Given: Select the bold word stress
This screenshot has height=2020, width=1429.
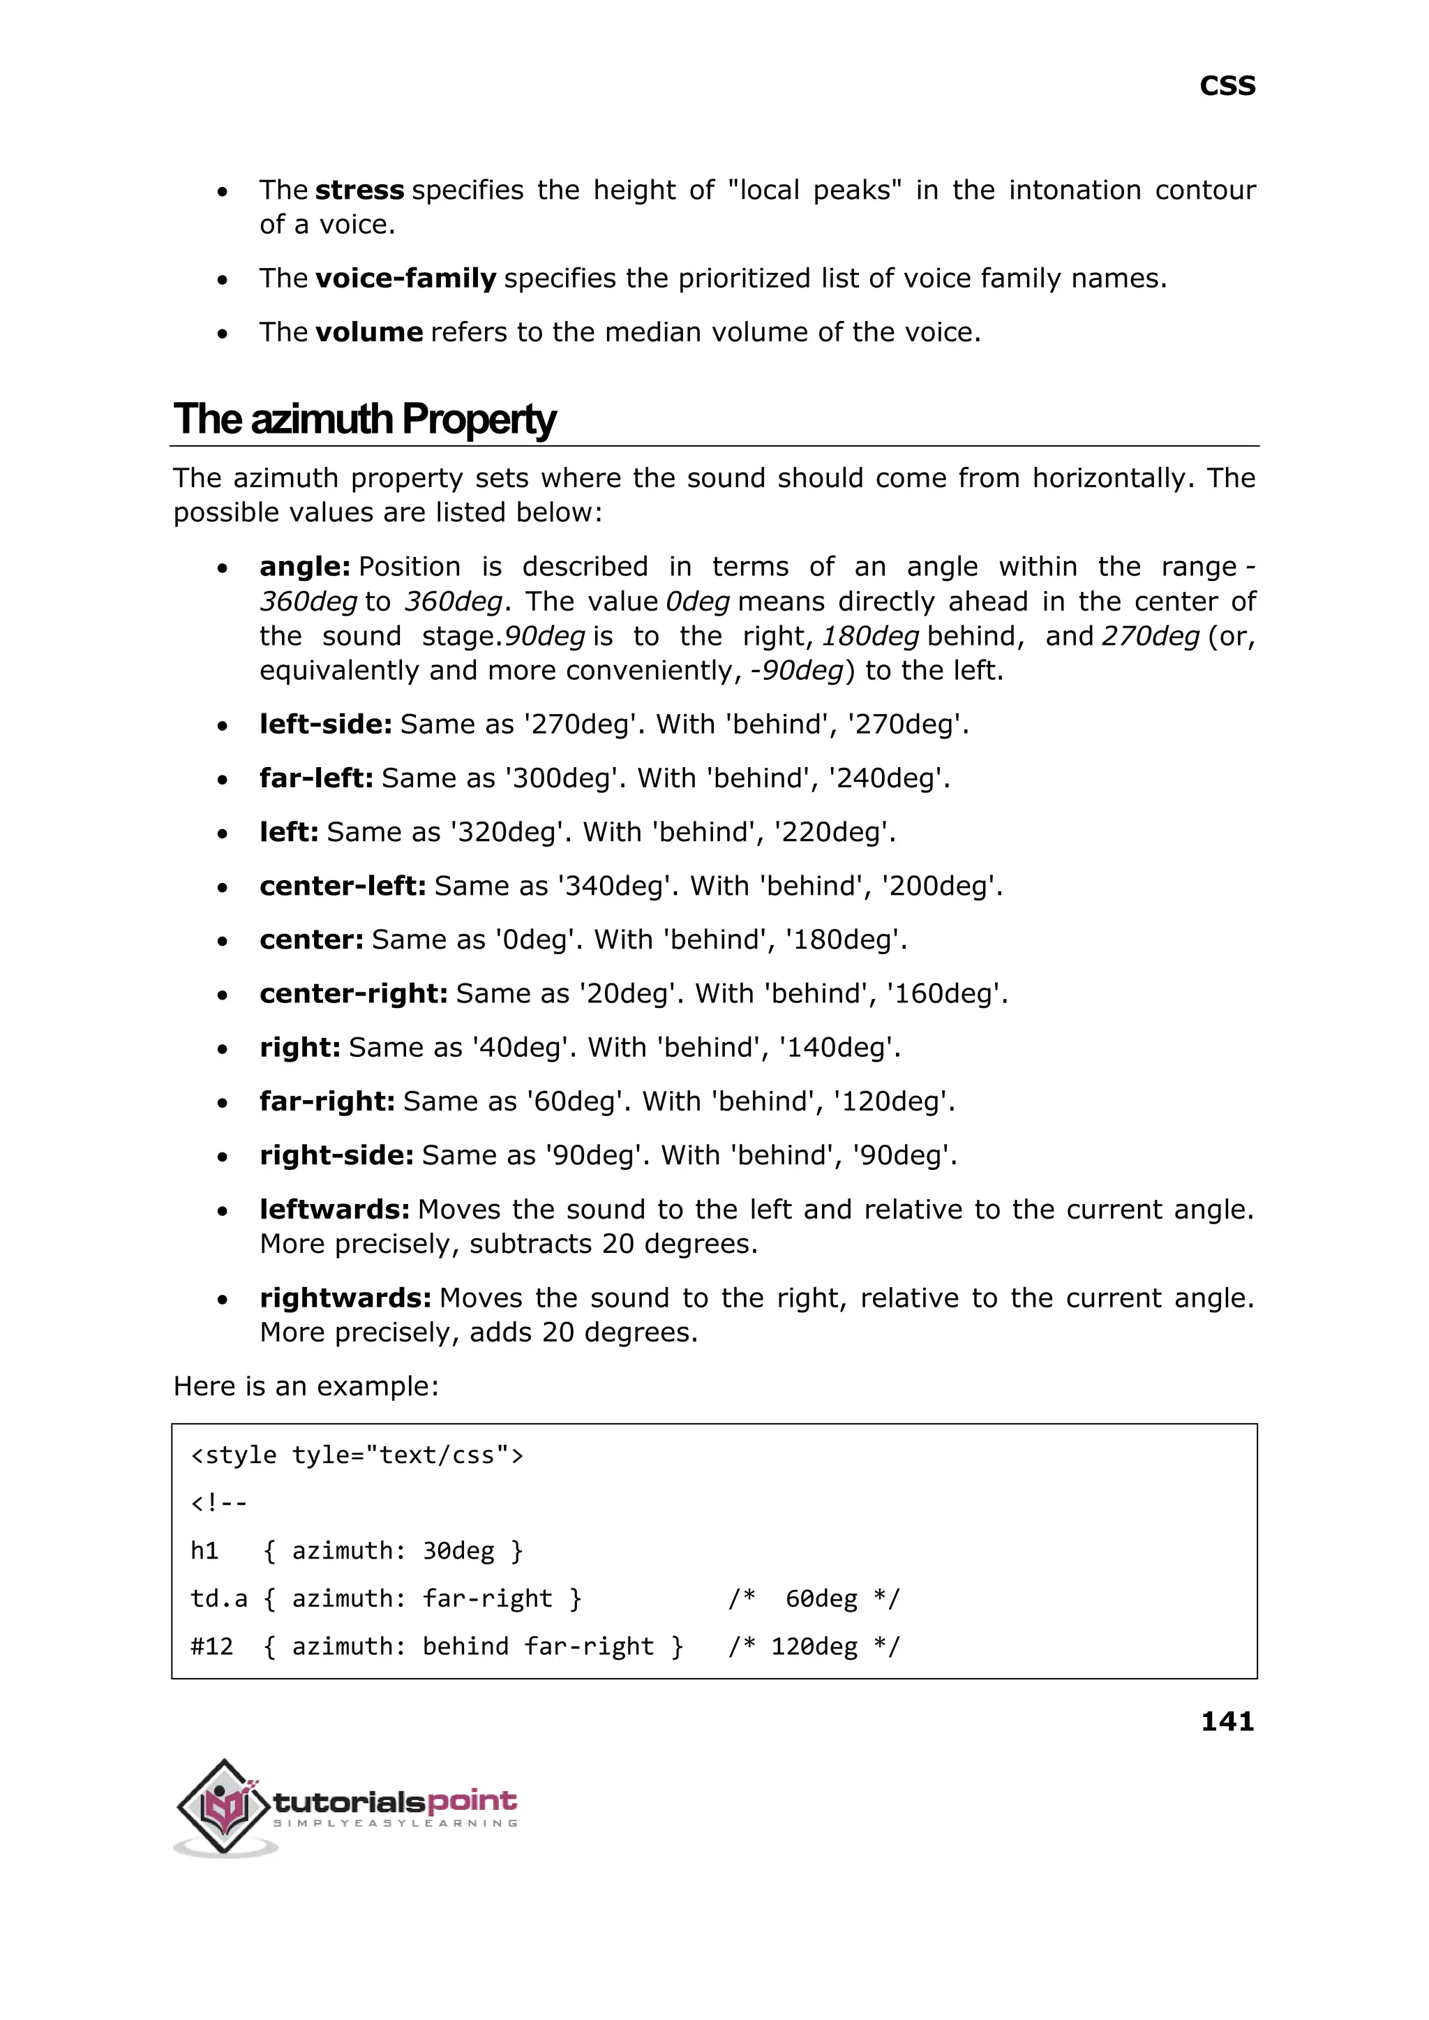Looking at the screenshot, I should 359,190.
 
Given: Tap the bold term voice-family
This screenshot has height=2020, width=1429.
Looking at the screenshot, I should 405,278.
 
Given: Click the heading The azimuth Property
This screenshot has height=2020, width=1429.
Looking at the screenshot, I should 364,419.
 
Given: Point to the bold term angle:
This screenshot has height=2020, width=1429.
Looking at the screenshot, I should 304,566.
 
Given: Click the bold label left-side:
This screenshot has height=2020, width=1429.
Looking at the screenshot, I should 324,724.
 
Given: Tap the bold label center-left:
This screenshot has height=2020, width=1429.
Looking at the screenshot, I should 343,886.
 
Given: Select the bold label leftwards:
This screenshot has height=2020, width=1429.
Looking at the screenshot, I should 334,1210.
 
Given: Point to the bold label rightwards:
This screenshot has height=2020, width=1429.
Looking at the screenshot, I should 345,1298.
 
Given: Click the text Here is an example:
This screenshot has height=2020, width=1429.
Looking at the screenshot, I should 306,1386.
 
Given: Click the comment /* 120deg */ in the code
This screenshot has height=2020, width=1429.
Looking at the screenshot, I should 814,1647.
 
